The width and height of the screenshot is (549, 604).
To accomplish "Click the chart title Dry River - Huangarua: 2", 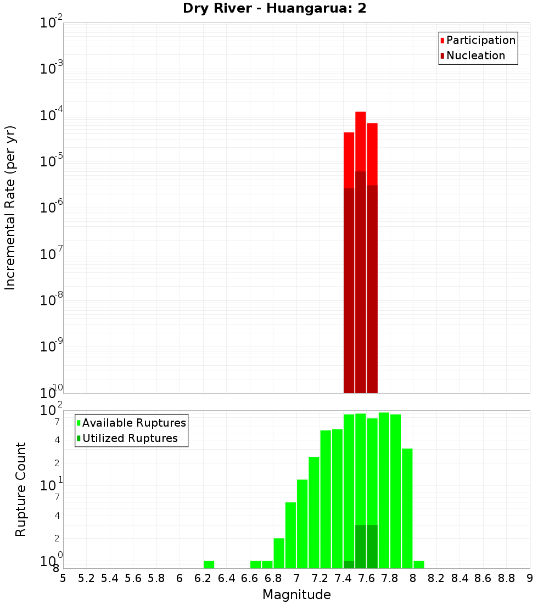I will tap(274, 8).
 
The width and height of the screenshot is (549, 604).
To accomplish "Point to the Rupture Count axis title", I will tap(21, 489).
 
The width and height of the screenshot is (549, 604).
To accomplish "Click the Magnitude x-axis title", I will tap(296, 594).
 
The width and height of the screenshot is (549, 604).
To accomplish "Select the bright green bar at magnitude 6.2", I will tap(209, 564).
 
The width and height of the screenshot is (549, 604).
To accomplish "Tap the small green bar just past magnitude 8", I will tap(419, 564).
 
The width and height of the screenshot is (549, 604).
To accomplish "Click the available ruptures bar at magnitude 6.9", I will tap(279, 553).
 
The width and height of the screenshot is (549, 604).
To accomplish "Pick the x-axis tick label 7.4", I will tap(343, 578).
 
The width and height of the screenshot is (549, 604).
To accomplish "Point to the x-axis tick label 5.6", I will tap(133, 578).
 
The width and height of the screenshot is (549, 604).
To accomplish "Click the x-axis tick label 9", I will tap(530, 578).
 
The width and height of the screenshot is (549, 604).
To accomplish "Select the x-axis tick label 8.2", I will tap(436, 578).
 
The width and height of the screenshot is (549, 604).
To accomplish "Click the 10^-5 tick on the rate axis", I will tap(52, 162).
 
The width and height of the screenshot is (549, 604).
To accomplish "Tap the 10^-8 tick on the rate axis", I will tap(52, 301).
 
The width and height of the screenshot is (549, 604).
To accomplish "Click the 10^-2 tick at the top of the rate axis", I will tap(52, 23).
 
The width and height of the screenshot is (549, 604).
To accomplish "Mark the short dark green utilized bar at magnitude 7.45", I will tap(349, 564).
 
